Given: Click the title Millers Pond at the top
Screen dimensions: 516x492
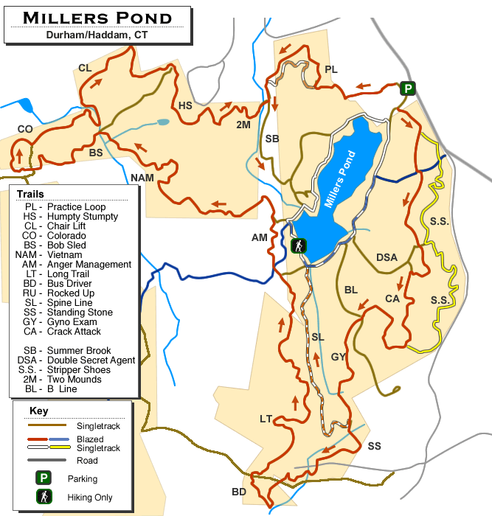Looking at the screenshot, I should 98,17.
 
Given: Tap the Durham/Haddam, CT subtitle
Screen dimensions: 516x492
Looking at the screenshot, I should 97,34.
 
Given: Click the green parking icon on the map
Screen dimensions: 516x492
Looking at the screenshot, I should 407,88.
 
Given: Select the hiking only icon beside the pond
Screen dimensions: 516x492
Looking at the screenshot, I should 298,246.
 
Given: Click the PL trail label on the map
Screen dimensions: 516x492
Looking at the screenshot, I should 330,69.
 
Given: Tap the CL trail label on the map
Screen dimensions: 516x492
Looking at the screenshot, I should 85,69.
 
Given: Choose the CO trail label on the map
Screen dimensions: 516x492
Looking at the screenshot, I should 25,130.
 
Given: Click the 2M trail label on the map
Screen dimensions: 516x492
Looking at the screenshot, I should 243,125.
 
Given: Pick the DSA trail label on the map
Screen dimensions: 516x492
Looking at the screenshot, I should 387,257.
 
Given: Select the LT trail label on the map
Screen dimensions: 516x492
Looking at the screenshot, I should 266,419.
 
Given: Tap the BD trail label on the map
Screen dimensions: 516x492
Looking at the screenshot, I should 239,492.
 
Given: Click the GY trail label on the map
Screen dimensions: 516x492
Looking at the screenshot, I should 339,357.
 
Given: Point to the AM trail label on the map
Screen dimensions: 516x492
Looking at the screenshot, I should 260,237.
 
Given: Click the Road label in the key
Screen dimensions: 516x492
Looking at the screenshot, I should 87,461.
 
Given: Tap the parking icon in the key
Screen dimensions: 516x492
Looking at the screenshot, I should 44,478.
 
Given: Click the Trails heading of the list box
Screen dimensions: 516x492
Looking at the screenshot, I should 30,195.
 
